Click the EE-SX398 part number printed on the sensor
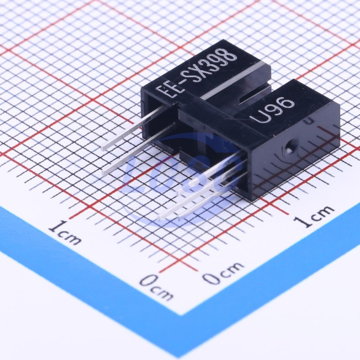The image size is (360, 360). point(196,73)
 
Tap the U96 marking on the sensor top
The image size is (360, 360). point(272,111)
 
